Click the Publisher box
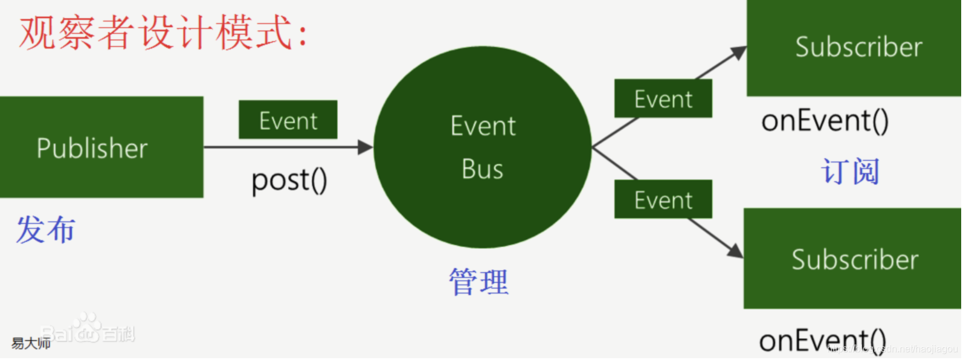[x=101, y=147]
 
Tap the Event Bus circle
[x=482, y=147]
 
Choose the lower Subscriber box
[x=852, y=259]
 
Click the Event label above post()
[x=288, y=120]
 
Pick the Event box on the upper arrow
[x=663, y=98]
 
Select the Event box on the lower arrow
[x=663, y=199]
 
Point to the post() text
[x=289, y=179]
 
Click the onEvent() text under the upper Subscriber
[x=825, y=121]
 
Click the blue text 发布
[x=46, y=230]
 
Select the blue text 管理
[x=478, y=282]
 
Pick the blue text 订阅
[x=849, y=172]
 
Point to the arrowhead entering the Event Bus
[x=366, y=147]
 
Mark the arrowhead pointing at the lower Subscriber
[x=736, y=250]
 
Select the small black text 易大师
[x=30, y=344]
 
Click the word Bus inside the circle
[x=482, y=169]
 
